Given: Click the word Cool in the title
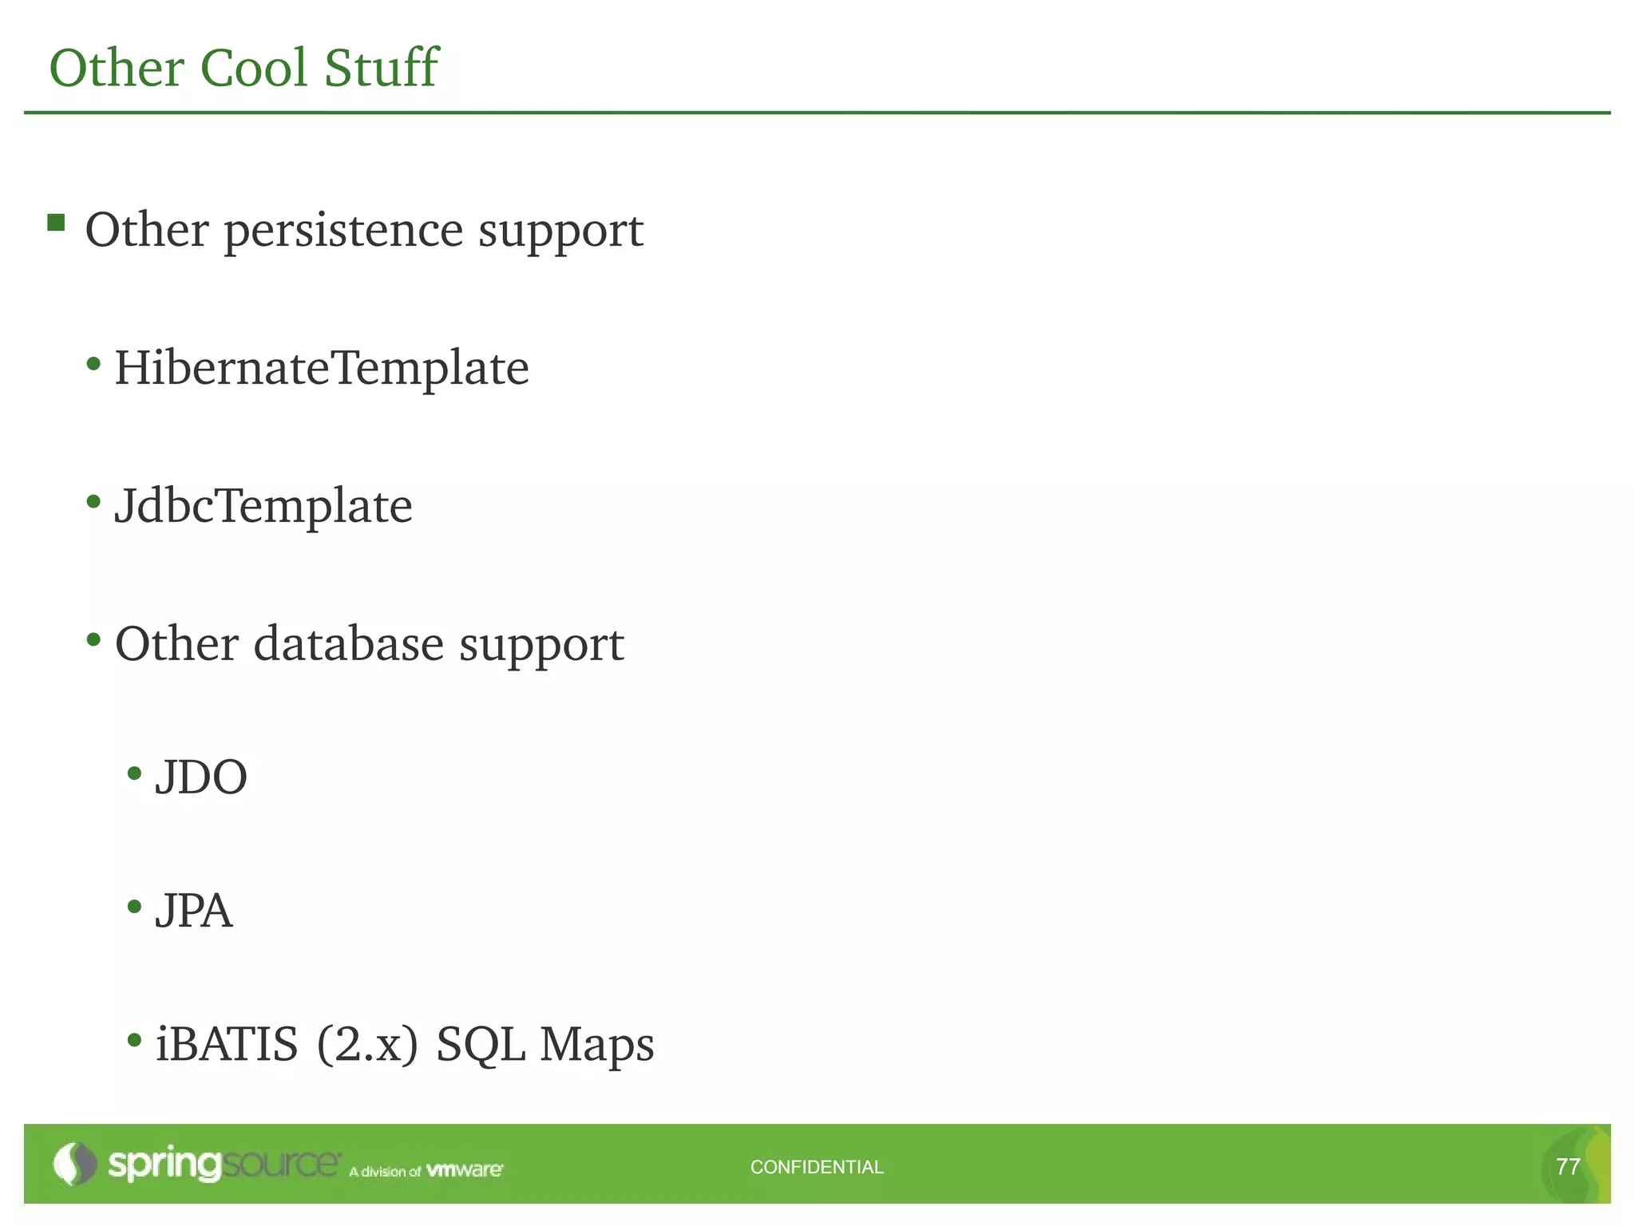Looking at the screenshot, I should [254, 68].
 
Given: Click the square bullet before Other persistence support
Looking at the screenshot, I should [56, 222].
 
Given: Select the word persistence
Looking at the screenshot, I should [343, 231].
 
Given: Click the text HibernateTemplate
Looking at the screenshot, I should [322, 369].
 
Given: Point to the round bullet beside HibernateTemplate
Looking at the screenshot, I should [94, 365].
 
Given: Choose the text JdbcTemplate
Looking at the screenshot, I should [263, 506].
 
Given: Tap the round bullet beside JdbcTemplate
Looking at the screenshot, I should [94, 502].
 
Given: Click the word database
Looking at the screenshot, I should [348, 643].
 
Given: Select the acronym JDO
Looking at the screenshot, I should [201, 777].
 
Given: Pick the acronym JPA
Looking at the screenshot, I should [194, 912].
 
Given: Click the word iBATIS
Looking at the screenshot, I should [227, 1044].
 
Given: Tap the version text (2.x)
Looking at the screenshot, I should [367, 1044].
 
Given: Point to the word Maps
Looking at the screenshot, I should [597, 1046].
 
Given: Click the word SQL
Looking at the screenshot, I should [481, 1046].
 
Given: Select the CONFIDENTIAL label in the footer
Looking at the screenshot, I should [817, 1167].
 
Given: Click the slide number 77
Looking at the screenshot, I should [1568, 1167].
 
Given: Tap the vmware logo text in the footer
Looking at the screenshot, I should [465, 1170].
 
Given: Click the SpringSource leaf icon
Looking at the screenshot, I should [74, 1164].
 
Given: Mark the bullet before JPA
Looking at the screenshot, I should [134, 907].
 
